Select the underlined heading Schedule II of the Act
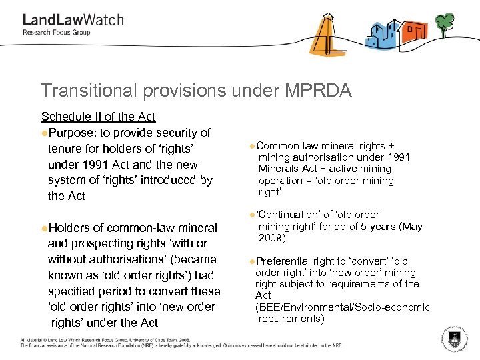(x=98, y=117)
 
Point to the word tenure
(x=65, y=148)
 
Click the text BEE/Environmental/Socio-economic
(x=343, y=307)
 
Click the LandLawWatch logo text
(x=73, y=19)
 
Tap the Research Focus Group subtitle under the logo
(x=57, y=33)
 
